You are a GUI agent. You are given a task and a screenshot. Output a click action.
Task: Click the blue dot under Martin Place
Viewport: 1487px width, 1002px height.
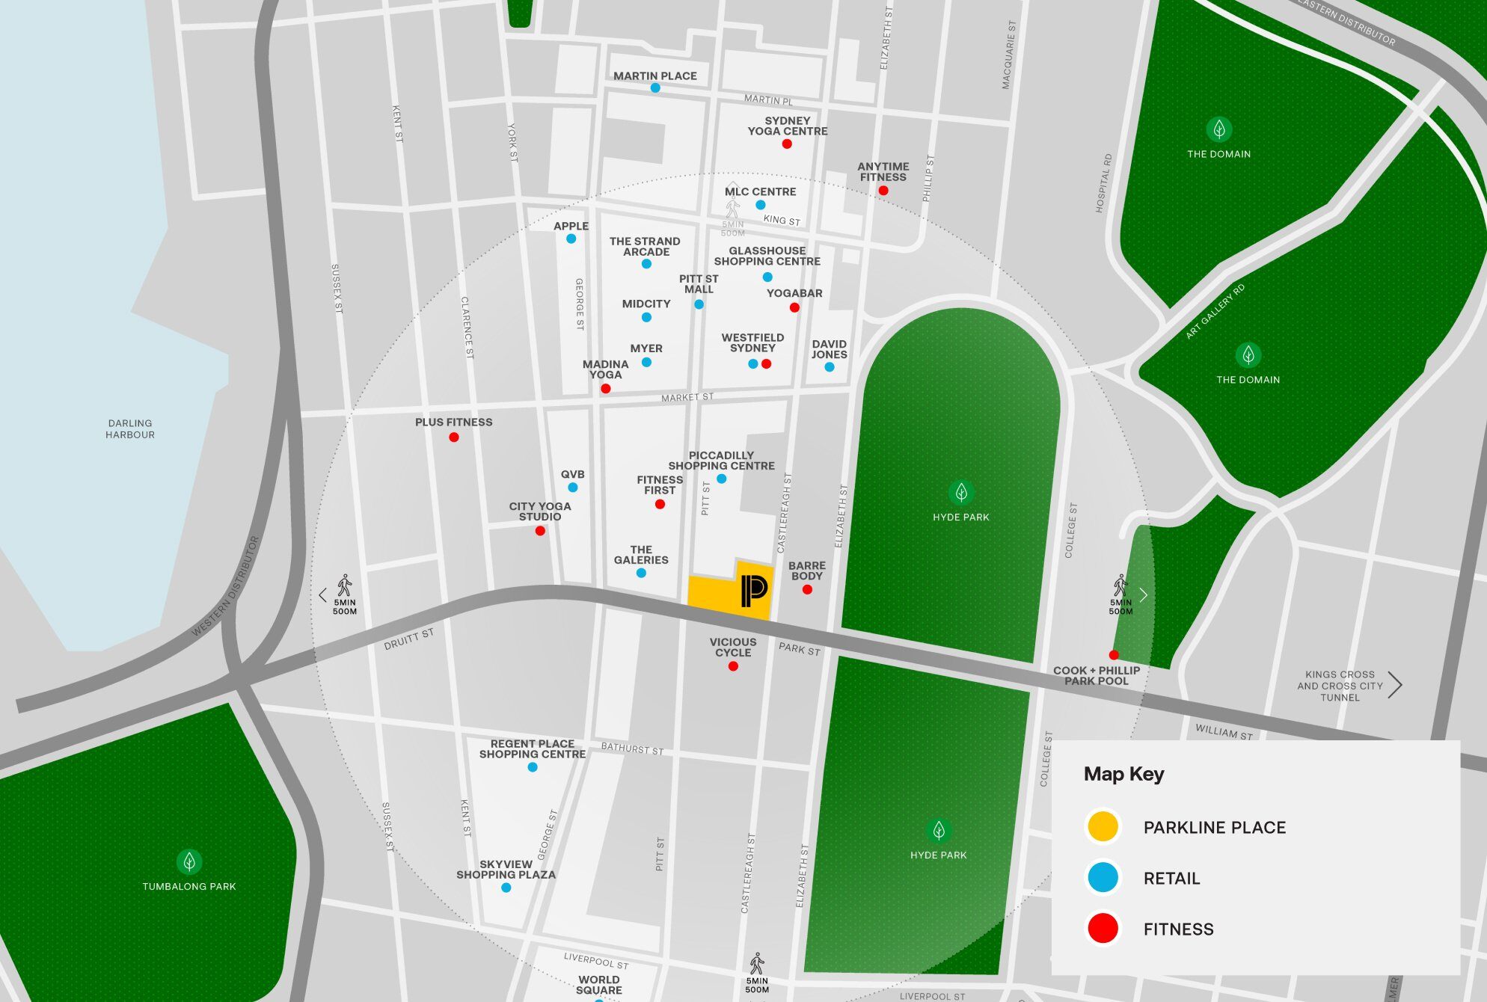tap(655, 88)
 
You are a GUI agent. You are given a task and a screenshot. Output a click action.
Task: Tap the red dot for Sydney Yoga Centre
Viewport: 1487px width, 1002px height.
tap(787, 144)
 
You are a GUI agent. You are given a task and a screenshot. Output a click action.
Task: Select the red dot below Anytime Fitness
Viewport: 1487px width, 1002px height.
tap(883, 191)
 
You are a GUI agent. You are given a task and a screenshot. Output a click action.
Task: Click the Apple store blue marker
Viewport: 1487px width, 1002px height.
tap(571, 239)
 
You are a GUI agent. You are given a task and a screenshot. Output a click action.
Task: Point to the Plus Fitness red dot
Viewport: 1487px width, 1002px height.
tap(454, 437)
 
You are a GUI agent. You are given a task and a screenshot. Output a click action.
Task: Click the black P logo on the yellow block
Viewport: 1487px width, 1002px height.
tap(754, 591)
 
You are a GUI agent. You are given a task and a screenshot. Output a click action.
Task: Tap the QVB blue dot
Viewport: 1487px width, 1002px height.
tap(573, 488)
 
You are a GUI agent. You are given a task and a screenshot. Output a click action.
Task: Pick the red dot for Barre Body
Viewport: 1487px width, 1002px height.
tap(807, 590)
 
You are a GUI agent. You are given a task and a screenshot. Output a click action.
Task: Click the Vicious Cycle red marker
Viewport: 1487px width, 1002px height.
tap(733, 666)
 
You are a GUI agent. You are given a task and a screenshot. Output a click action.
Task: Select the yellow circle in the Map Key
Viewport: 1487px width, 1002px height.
tap(1103, 827)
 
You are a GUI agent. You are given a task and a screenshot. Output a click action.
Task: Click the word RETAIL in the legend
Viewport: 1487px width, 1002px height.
tap(1171, 879)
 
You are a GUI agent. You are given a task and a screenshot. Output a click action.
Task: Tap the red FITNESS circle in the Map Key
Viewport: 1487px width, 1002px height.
tap(1103, 929)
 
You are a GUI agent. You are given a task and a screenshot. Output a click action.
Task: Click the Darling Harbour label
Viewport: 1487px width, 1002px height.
tap(130, 428)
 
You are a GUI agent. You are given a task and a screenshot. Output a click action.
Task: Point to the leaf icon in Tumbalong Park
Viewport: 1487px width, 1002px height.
tap(189, 861)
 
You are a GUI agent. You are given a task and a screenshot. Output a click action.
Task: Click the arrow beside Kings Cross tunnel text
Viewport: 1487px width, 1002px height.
tap(1395, 685)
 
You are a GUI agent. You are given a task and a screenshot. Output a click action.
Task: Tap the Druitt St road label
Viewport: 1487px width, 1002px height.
tap(408, 639)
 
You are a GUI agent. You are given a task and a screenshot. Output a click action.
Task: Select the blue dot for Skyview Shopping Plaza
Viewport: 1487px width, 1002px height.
tap(506, 888)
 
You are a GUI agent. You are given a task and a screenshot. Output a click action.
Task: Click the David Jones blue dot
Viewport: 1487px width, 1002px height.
tap(830, 367)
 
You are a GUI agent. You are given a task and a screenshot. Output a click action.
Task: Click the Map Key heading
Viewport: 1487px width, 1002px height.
tap(1123, 774)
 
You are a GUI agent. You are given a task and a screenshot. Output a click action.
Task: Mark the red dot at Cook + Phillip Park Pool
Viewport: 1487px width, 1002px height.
tap(1114, 655)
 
